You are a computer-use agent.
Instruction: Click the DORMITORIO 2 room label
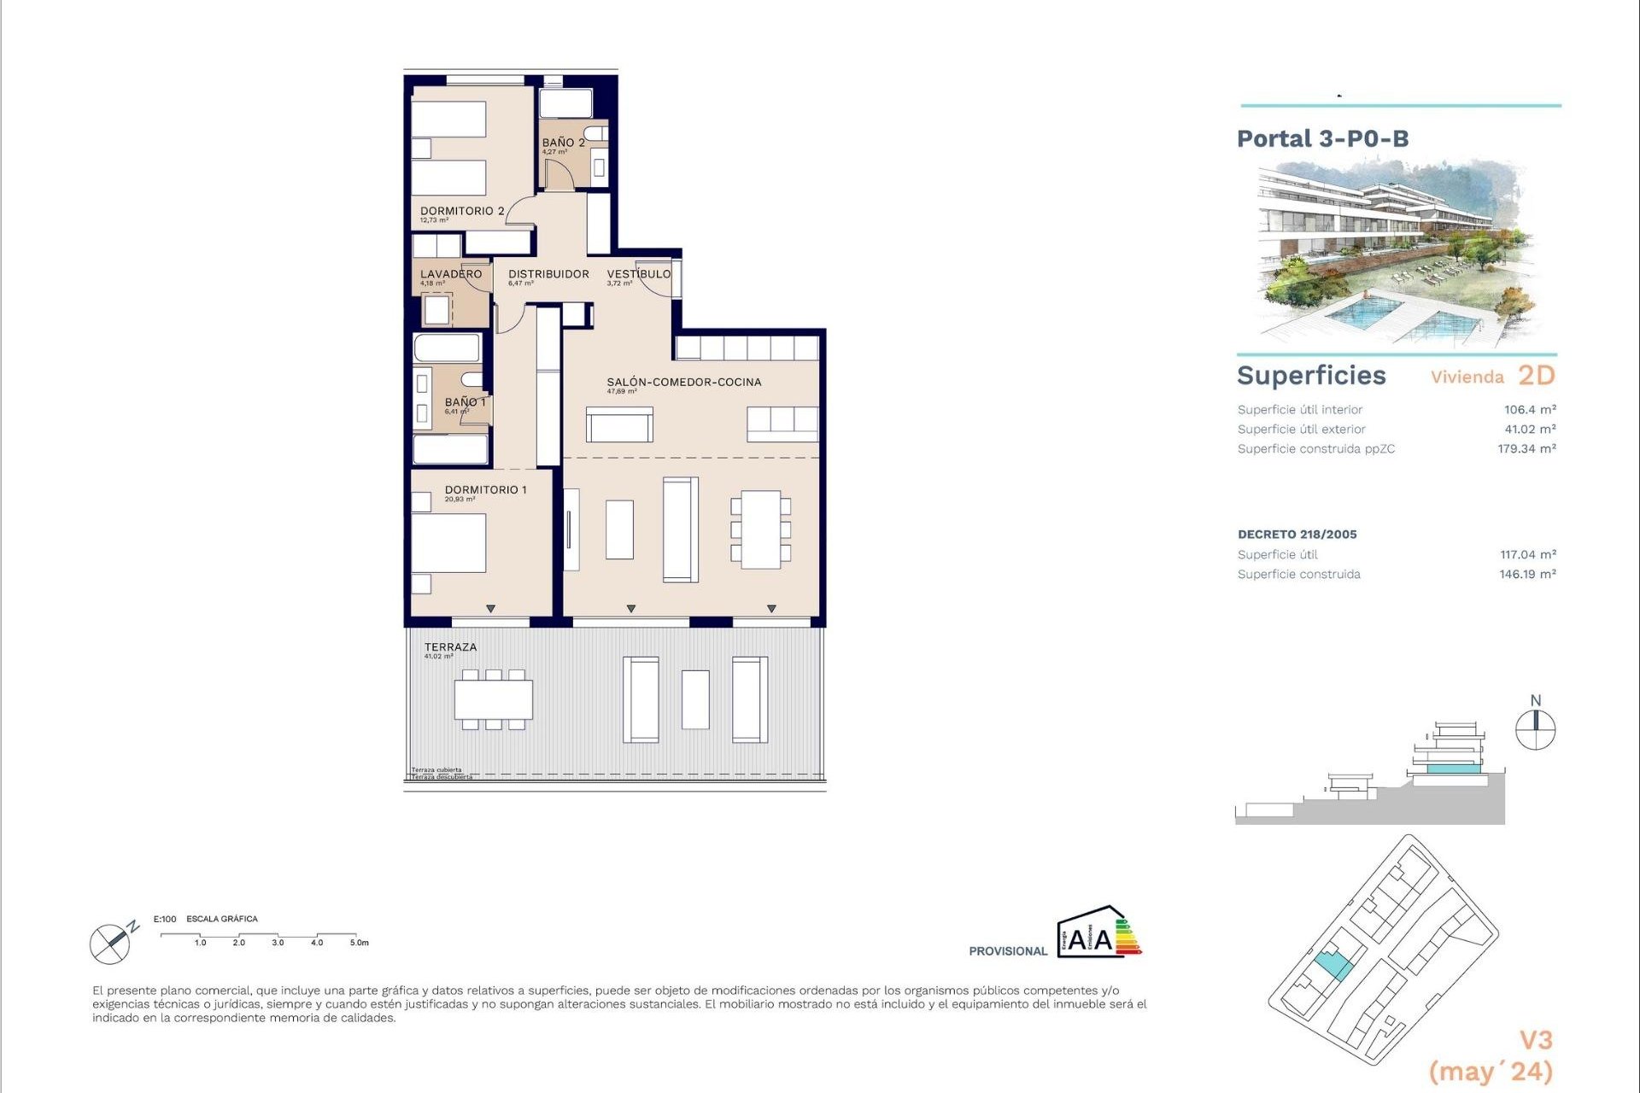tap(461, 211)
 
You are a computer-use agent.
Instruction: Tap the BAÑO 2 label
tap(563, 143)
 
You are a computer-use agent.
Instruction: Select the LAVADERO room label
tap(450, 274)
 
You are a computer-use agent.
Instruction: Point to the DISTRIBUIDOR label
tap(548, 274)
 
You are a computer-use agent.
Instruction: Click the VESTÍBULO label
tap(638, 274)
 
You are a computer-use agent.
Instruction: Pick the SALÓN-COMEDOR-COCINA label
tap(683, 382)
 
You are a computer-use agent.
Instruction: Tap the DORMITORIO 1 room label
tap(485, 489)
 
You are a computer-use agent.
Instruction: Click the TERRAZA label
tap(450, 647)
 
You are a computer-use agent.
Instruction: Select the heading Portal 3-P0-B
tap(1322, 138)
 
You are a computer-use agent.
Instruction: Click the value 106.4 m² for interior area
tap(1530, 410)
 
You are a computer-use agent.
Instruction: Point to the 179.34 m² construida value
tap(1526, 449)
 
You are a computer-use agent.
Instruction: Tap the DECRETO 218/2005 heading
tap(1297, 535)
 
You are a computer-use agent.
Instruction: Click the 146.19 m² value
tap(1527, 575)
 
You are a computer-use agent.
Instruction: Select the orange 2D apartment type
tap(1536, 376)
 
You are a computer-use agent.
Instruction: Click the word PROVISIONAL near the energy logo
tap(1007, 951)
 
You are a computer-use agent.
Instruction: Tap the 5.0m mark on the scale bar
tap(359, 943)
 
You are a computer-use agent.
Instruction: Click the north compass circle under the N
tap(1535, 731)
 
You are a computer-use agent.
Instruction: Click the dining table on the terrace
tap(493, 699)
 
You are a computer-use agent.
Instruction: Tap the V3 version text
tap(1535, 1040)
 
